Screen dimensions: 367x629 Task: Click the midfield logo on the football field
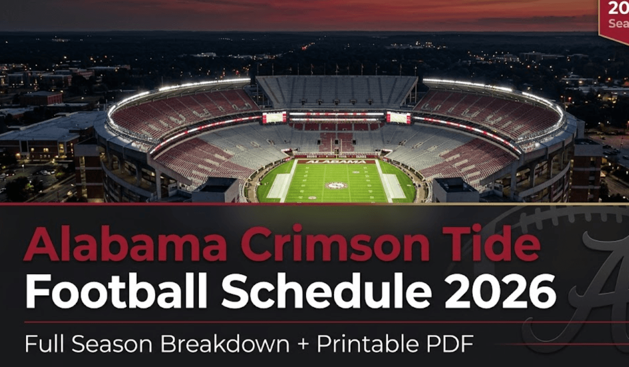coord(335,185)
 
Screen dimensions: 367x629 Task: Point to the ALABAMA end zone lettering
coord(336,161)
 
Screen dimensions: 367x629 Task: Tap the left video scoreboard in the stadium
coord(274,117)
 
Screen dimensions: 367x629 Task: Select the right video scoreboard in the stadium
coord(399,118)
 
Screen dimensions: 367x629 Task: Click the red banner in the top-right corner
coord(615,18)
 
